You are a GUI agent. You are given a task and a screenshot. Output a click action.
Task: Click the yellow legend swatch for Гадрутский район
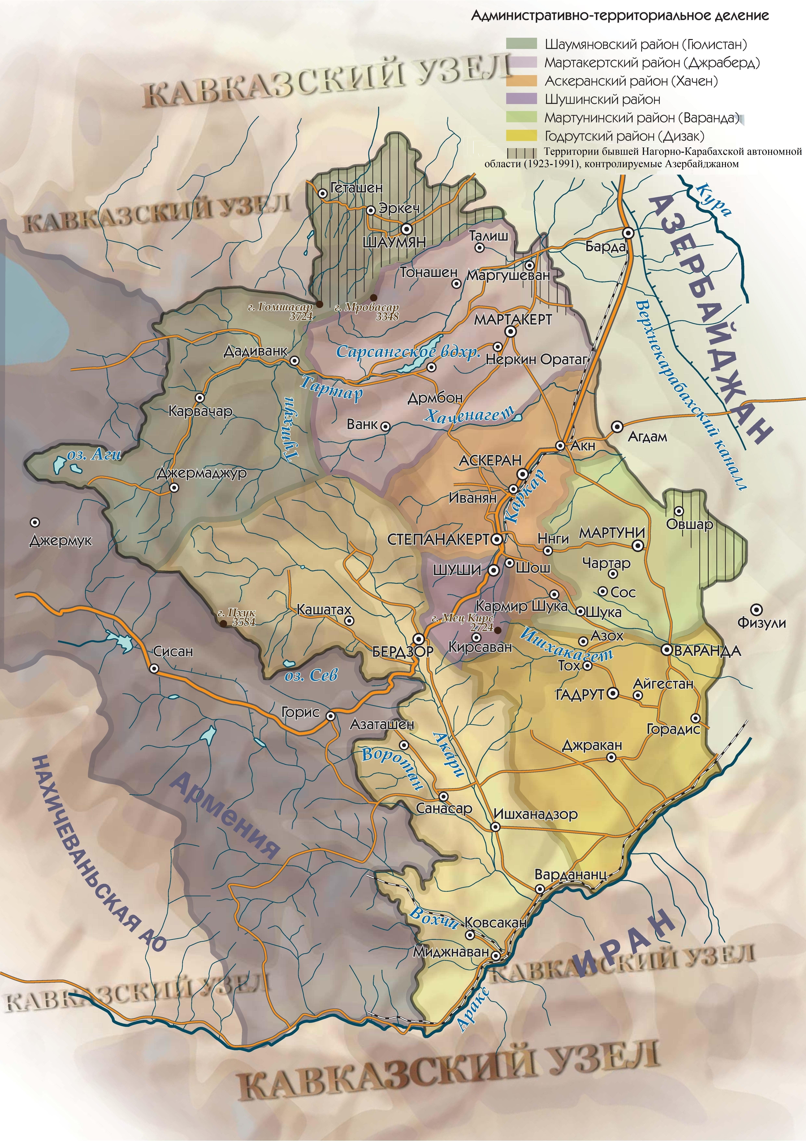click(521, 136)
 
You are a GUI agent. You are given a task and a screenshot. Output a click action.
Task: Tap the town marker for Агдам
click(617, 426)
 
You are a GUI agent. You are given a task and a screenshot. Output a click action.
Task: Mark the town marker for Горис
click(330, 716)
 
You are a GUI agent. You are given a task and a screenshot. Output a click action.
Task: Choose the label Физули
click(761, 623)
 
